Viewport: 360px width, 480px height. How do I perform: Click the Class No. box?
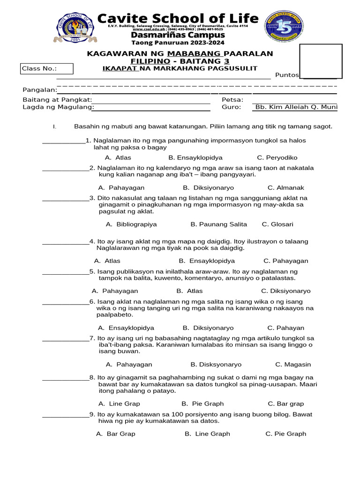(x=47, y=69)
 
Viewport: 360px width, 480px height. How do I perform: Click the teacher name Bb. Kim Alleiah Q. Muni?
(x=296, y=107)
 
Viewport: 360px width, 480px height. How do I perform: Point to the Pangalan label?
(x=40, y=90)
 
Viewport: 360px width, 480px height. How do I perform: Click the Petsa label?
(x=232, y=99)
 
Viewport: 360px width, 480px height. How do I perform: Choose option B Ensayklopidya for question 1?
(x=195, y=157)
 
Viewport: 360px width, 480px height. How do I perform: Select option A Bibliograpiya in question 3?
(x=131, y=224)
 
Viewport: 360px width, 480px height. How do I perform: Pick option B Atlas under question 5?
(x=189, y=291)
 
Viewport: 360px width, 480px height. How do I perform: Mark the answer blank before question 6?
(x=65, y=302)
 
